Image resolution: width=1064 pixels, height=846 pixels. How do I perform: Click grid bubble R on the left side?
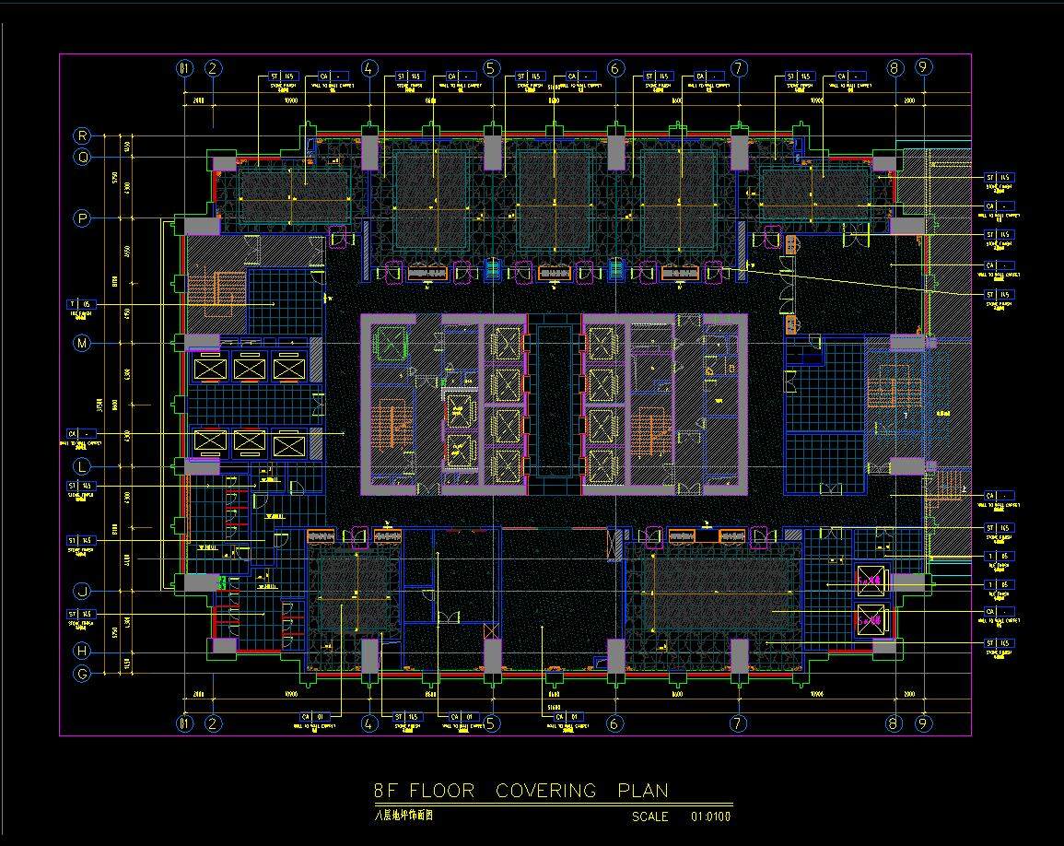[83, 135]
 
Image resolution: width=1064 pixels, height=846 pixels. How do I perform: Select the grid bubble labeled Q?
[83, 157]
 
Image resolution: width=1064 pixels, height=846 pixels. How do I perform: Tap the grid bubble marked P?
[83, 218]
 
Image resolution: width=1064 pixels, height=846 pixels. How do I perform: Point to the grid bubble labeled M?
[83, 343]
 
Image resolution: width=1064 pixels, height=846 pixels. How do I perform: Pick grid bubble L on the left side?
[83, 466]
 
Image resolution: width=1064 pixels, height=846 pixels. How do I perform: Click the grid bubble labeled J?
[83, 591]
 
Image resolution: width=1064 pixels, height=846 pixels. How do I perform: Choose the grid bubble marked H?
[83, 652]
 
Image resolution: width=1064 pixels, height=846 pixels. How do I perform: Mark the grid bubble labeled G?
[83, 674]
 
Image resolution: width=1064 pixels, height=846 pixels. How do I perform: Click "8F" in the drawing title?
[386, 791]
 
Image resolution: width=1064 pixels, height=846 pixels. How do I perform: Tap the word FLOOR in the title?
[442, 791]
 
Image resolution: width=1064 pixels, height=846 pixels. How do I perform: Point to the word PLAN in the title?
[643, 791]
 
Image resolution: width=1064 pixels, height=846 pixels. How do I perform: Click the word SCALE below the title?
[650, 817]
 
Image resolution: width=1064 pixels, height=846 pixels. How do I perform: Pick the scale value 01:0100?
[710, 817]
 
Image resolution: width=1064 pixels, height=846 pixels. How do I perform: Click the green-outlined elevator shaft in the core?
[390, 344]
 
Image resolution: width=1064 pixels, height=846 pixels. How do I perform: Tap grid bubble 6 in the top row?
[615, 68]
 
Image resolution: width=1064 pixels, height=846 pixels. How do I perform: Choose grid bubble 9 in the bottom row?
[923, 723]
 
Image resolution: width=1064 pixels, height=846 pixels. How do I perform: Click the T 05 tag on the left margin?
[80, 303]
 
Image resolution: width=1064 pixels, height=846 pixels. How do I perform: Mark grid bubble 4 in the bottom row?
[369, 723]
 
